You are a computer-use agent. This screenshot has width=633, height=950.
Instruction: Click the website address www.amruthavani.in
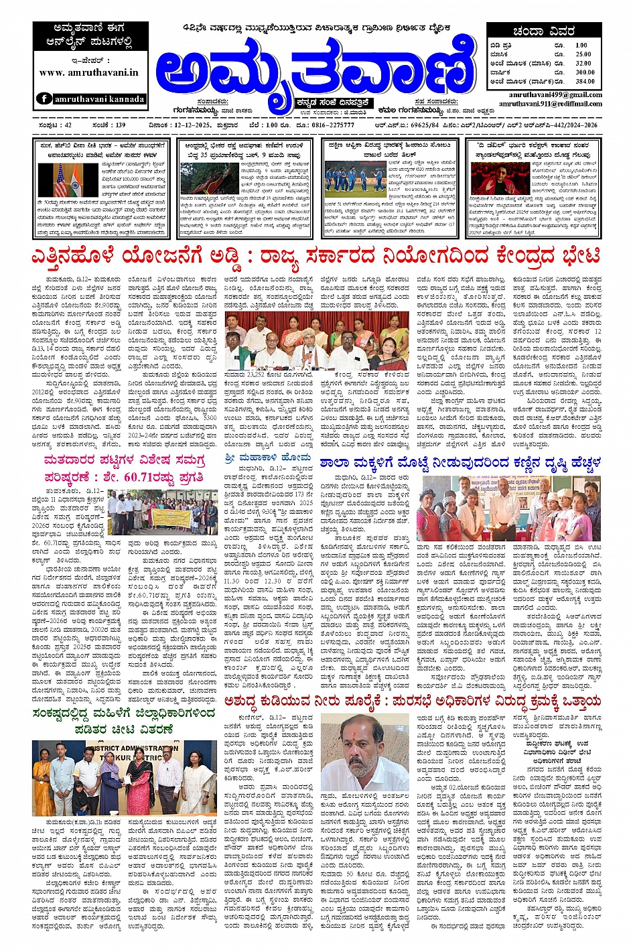pos(89,72)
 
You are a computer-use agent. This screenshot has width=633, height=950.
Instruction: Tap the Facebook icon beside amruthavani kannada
pos(44,98)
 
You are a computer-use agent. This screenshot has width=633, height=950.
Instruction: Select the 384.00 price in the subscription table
pos(584,81)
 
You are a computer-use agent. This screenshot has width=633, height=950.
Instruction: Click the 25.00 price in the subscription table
pos(583,54)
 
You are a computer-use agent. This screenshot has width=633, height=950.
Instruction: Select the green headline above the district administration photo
pos(125,721)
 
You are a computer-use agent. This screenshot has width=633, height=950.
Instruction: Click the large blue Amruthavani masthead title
pos(315,67)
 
